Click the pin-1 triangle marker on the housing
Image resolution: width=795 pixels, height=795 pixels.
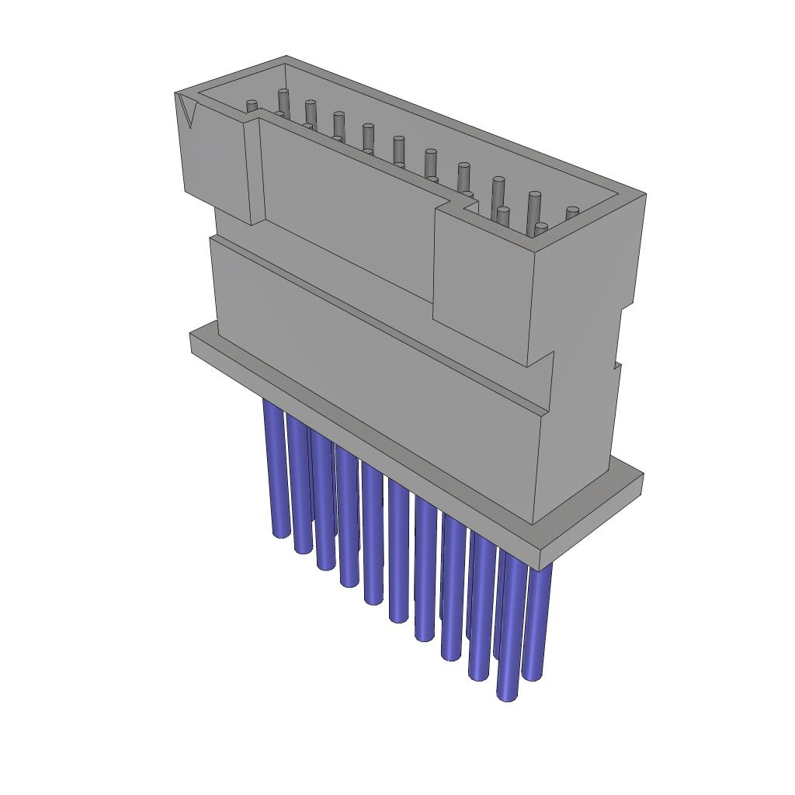pyautogui.click(x=187, y=109)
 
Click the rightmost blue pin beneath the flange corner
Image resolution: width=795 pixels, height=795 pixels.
pyautogui.click(x=536, y=621)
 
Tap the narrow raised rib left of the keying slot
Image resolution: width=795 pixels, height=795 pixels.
pyautogui.click(x=254, y=171)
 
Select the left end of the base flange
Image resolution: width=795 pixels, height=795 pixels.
pyautogui.click(x=194, y=342)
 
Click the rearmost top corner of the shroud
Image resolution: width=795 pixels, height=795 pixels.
pyautogui.click(x=286, y=57)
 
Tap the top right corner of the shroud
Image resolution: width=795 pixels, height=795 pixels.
pyautogui.click(x=644, y=194)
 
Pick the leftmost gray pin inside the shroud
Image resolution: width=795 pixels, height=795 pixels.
pyautogui.click(x=251, y=106)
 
